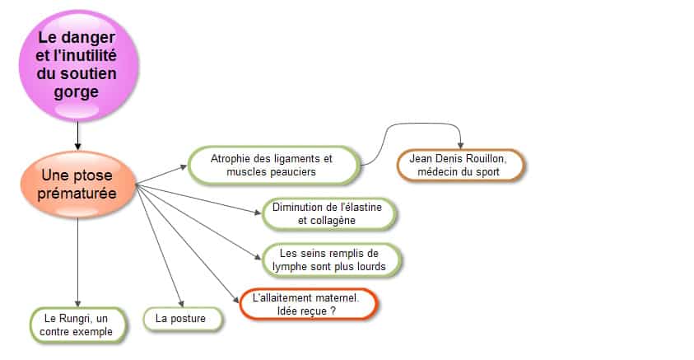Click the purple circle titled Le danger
(78, 66)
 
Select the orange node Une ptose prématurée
(78, 185)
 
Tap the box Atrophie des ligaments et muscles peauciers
(273, 165)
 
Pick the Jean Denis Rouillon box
(460, 165)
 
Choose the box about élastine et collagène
(328, 214)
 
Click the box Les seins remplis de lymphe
(331, 260)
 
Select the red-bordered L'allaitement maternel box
(308, 304)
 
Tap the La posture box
(182, 319)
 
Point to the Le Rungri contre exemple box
(77, 325)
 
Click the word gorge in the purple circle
(76, 92)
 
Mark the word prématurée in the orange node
(77, 194)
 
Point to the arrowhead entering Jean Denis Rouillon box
(460, 145)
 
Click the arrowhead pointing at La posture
(181, 304)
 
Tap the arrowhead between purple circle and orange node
(78, 147)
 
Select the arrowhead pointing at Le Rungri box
(78, 304)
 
